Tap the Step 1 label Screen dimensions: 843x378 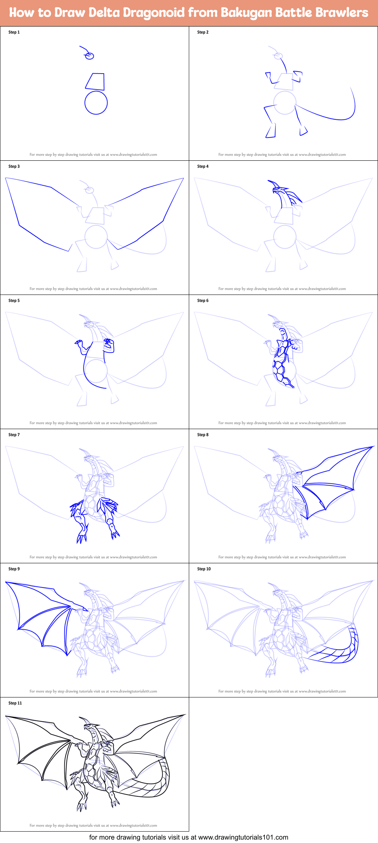click(x=14, y=32)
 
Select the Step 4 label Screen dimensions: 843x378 click(x=203, y=166)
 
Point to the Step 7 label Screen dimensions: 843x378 click(x=14, y=435)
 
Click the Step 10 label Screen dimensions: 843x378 click(x=204, y=569)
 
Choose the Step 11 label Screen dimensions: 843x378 click(x=15, y=703)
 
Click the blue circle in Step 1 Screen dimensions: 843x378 click(x=96, y=103)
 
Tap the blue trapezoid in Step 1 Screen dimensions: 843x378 click(x=95, y=81)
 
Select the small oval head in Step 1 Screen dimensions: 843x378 click(x=89, y=56)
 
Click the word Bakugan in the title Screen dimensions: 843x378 click(x=246, y=13)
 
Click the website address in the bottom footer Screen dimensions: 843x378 click(x=243, y=837)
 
